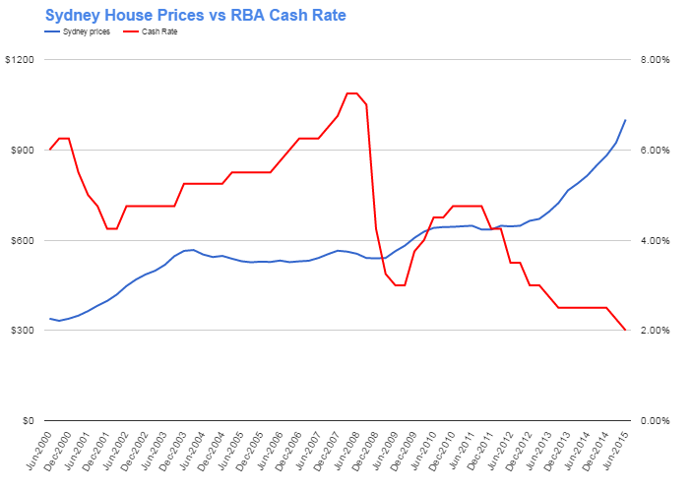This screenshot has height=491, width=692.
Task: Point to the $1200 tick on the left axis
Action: pyautogui.click(x=21, y=60)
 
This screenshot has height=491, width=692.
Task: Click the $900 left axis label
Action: pyautogui.click(x=23, y=151)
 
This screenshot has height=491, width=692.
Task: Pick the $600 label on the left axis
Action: pyautogui.click(x=23, y=241)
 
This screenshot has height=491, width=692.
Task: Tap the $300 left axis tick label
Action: pyautogui.click(x=23, y=331)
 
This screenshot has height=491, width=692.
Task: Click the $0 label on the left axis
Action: pyautogui.click(x=28, y=421)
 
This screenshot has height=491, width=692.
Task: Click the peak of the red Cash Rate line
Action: pyautogui.click(x=351, y=93)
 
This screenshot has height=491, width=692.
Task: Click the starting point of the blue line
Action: pyautogui.click(x=49, y=318)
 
